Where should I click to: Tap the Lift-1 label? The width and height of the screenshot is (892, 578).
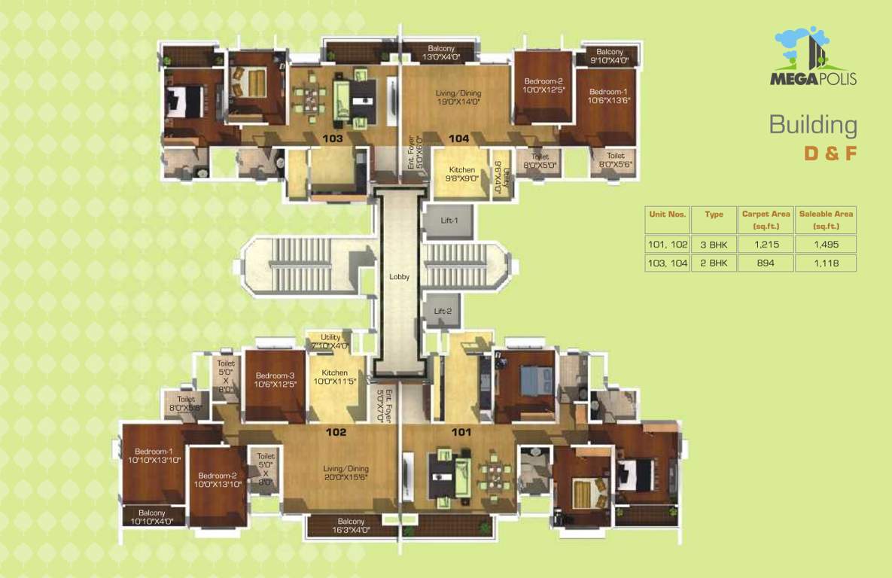pyautogui.click(x=449, y=220)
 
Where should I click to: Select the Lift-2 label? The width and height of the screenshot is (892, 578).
pyautogui.click(x=443, y=311)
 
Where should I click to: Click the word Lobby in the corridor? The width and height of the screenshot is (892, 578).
pyautogui.click(x=400, y=277)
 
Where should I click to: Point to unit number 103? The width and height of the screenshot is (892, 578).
pyautogui.click(x=333, y=138)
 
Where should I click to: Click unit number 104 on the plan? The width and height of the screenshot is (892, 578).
pyautogui.click(x=458, y=138)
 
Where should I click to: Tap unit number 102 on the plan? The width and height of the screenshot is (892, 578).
pyautogui.click(x=336, y=432)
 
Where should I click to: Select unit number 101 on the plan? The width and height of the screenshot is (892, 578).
pyautogui.click(x=461, y=432)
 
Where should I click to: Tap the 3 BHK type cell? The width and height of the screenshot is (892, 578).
pyautogui.click(x=713, y=245)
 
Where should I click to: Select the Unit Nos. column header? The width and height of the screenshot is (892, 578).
pyautogui.click(x=668, y=214)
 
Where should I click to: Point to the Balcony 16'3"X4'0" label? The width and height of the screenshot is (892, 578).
pyautogui.click(x=351, y=526)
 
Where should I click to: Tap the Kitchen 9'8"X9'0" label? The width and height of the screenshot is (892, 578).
pyautogui.click(x=462, y=175)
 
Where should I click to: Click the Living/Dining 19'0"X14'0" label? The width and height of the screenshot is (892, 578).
pyautogui.click(x=458, y=97)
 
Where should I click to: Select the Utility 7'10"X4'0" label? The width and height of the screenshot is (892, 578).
pyautogui.click(x=330, y=342)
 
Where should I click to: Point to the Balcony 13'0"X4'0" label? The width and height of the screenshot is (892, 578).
pyautogui.click(x=441, y=53)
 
